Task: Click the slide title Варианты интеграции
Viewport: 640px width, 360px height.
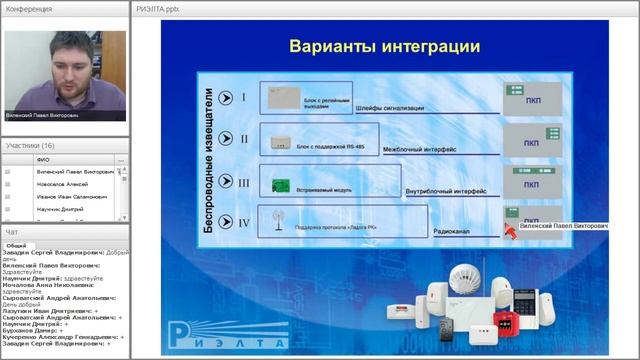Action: click(385, 46)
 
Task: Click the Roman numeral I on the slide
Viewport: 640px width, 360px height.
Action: click(244, 98)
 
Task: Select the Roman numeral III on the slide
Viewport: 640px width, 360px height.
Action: click(244, 182)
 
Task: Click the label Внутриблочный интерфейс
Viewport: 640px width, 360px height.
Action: click(435, 189)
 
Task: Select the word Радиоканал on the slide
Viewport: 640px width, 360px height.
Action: click(454, 231)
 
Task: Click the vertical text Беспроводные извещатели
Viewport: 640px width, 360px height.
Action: click(210, 161)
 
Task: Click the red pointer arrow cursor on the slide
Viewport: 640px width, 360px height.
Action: click(510, 232)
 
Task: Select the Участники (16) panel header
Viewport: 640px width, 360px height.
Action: click(30, 146)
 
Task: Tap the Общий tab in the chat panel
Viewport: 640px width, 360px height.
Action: click(16, 245)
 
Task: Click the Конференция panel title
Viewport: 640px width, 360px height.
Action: click(29, 8)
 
